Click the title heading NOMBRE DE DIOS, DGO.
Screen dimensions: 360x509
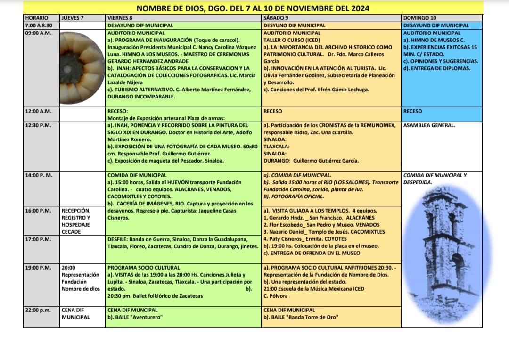coord(253,8)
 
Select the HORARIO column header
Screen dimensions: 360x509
coord(36,18)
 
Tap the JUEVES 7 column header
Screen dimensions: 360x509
coord(73,18)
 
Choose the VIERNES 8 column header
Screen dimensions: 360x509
coord(120,18)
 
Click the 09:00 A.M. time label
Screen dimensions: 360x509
coord(38,33)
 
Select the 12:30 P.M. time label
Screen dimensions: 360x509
coord(38,125)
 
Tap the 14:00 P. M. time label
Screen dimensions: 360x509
coord(39,175)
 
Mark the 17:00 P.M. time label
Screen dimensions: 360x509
coord(38,239)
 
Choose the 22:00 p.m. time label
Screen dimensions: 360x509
coord(38,310)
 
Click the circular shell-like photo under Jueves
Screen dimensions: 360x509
coord(82,67)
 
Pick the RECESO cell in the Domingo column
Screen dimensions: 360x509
coord(413,112)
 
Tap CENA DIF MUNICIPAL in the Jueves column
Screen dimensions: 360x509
coord(75,313)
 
